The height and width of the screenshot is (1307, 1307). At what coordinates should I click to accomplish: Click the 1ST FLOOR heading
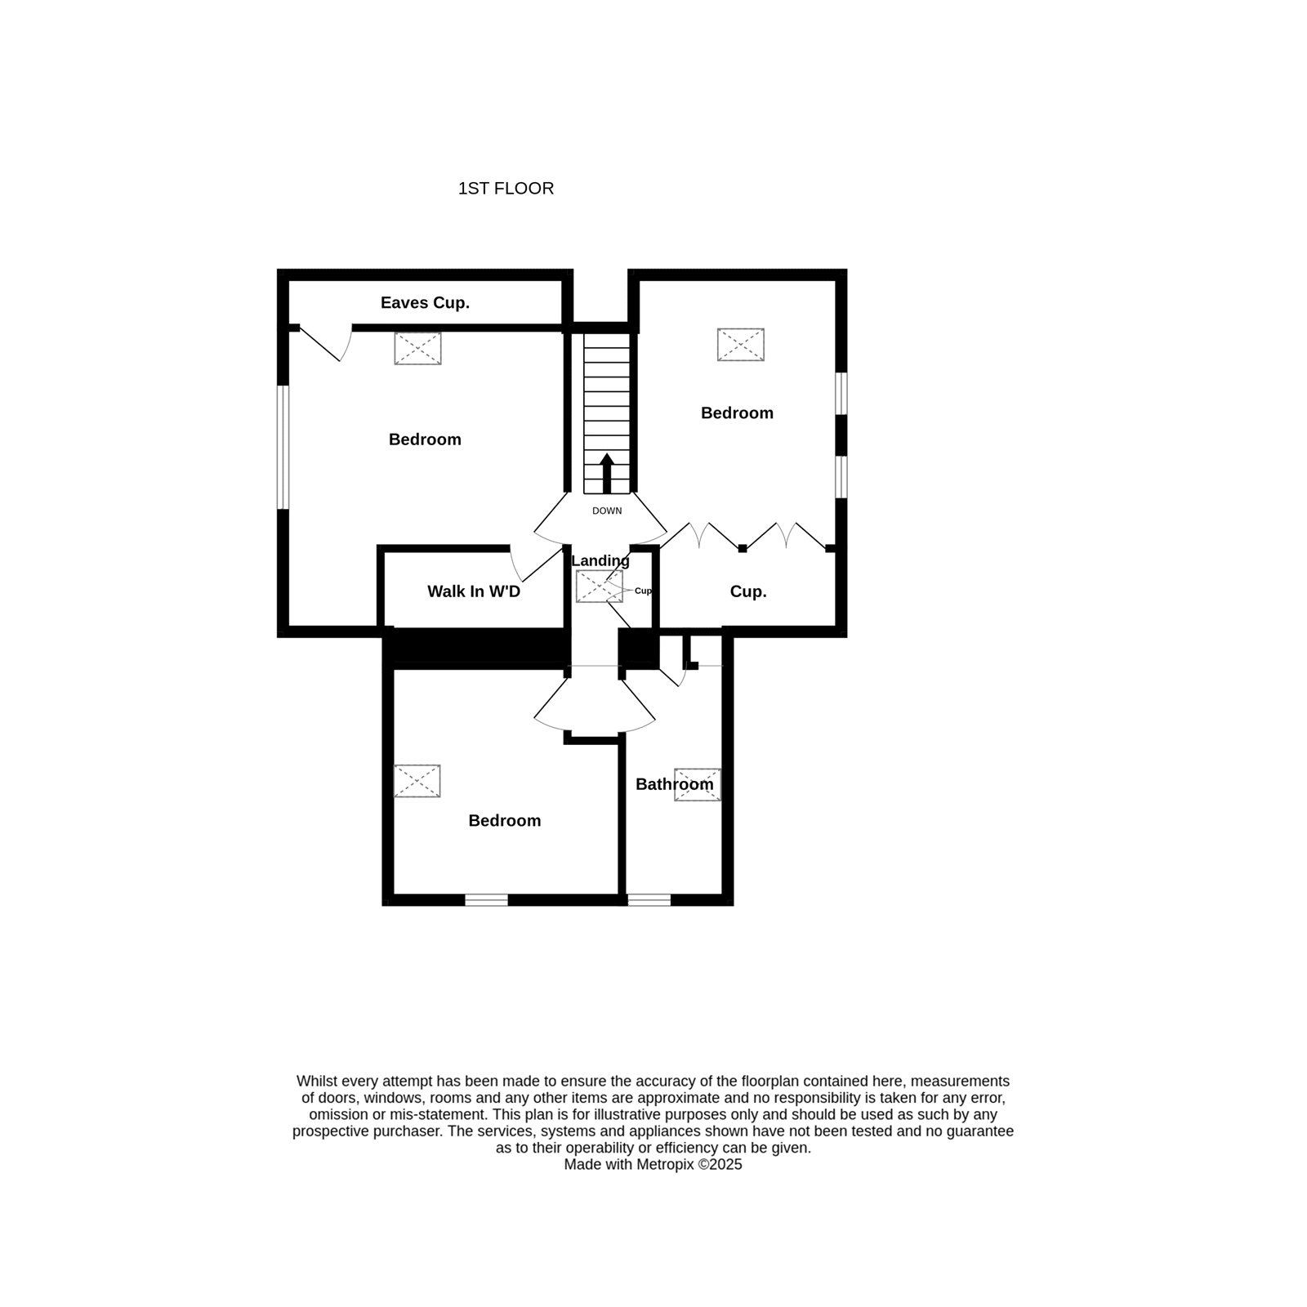(506, 189)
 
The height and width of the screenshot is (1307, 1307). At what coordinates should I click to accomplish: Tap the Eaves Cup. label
(425, 303)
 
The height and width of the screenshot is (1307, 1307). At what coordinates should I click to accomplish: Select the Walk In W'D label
(474, 591)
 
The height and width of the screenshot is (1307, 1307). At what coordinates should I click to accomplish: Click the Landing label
(600, 561)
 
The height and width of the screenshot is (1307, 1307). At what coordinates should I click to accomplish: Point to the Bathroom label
(675, 784)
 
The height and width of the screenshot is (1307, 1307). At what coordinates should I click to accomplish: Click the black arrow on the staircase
(607, 474)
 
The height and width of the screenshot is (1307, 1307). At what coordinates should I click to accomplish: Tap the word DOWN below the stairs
(607, 511)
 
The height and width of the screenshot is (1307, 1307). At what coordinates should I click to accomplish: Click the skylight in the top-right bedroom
(741, 345)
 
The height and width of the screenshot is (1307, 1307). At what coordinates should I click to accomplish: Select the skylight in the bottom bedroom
(417, 781)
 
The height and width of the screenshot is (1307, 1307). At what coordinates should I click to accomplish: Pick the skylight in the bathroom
(698, 784)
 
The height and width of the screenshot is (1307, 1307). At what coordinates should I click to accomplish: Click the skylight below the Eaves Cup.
(418, 349)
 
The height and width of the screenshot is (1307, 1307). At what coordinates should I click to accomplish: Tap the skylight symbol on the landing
(600, 587)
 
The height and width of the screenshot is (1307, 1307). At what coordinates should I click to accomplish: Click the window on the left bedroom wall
(283, 448)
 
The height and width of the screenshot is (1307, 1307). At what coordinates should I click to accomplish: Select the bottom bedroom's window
(487, 900)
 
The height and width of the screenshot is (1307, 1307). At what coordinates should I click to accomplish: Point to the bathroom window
(649, 900)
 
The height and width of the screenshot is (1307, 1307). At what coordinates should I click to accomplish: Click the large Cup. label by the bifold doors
(748, 592)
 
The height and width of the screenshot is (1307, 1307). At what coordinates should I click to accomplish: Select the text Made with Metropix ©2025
(653, 1165)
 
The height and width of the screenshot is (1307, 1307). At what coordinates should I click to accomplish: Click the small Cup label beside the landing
(644, 591)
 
